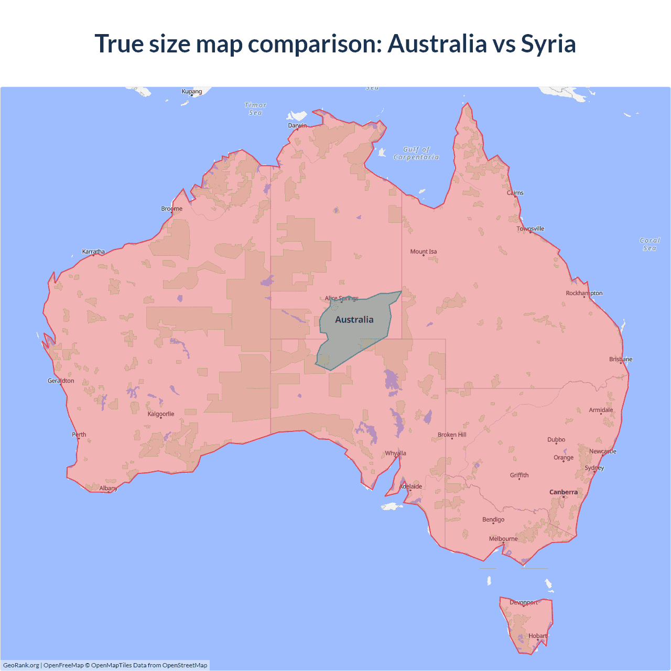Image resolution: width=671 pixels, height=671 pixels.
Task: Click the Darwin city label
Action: point(297,126)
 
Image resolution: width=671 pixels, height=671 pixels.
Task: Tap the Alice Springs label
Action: point(341,298)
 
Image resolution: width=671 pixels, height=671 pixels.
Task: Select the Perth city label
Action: point(79,435)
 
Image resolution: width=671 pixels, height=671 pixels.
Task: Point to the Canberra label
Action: point(564,492)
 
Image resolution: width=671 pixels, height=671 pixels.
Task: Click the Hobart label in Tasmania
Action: point(537,636)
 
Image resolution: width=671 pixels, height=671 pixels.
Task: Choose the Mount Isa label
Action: point(424,252)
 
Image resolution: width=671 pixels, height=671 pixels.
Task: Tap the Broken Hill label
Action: point(452,435)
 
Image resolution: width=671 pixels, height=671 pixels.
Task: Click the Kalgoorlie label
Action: point(161,414)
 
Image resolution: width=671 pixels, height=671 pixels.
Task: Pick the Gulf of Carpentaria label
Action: point(416,153)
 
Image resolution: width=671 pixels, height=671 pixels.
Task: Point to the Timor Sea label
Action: point(256,109)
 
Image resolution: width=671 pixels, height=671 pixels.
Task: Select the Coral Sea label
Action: point(650,244)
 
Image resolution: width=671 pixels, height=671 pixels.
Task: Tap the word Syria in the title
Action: point(548,44)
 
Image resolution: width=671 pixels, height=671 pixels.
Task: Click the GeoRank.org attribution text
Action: point(21,665)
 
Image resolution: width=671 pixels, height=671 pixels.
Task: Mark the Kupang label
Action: point(192,92)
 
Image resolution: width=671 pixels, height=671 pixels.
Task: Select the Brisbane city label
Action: point(621,360)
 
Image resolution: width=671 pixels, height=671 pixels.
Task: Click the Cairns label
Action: point(515,193)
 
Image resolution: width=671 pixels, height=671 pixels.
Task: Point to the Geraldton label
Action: point(61,381)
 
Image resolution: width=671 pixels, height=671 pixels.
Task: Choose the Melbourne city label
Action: point(503,539)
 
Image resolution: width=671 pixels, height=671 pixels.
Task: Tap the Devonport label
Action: point(524,603)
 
